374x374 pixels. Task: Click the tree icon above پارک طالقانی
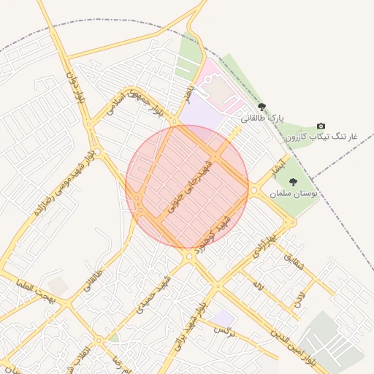click(262, 107)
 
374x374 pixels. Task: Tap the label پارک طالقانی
click(262, 118)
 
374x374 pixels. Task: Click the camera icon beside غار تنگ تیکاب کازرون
click(321, 126)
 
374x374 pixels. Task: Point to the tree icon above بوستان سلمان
click(293, 183)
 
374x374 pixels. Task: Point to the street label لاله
click(257, 283)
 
